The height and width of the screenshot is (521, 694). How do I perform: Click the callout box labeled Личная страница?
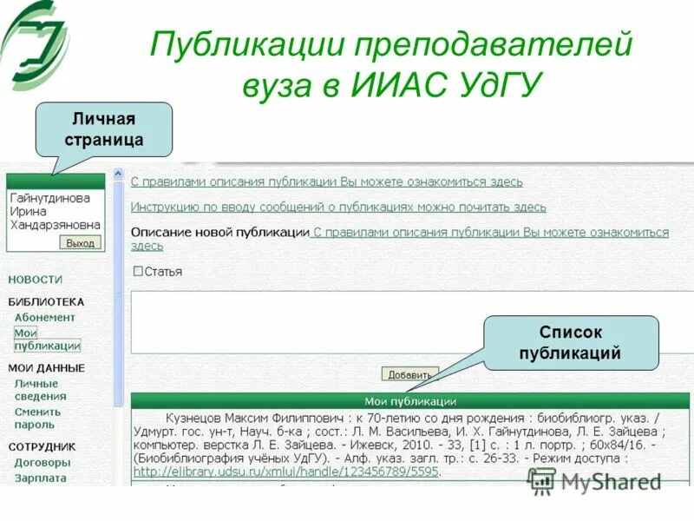tap(104, 129)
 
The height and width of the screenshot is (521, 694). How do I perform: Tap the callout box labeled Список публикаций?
tap(570, 343)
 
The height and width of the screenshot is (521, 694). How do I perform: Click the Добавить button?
tap(409, 374)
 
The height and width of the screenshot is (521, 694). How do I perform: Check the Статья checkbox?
tap(137, 271)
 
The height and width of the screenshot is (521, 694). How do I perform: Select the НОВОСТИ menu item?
tap(36, 280)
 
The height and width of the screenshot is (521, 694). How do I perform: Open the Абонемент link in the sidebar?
tap(44, 317)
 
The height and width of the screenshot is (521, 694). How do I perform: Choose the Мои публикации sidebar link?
tap(47, 339)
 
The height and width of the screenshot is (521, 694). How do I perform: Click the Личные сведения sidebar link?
tap(36, 390)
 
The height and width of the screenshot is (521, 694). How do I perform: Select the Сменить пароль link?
tap(37, 419)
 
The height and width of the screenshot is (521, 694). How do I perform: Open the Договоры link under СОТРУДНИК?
tap(42, 462)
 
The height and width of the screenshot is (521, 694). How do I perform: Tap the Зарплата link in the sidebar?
tap(40, 478)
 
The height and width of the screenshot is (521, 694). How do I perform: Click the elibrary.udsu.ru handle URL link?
tap(286, 472)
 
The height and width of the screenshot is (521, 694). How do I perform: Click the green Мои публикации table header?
tap(410, 401)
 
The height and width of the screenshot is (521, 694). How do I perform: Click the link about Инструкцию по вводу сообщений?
tap(338, 207)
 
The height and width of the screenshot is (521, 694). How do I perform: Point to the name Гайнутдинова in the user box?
tap(50, 198)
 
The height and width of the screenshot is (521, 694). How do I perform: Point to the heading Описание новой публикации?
tap(219, 233)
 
